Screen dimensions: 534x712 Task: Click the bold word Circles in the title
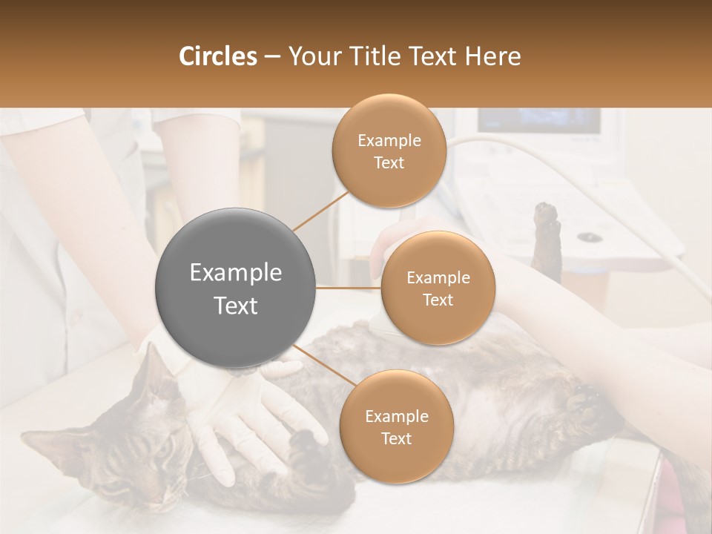click(x=217, y=56)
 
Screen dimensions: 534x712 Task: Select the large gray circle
click(x=236, y=289)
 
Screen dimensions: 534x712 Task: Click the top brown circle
click(x=389, y=151)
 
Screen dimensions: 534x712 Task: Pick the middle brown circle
click(x=438, y=288)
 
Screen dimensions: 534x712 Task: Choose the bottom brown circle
click(x=396, y=426)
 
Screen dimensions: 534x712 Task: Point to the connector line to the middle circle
click(x=349, y=288)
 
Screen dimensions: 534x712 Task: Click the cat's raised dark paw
click(x=547, y=230)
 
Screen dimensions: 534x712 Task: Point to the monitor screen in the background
click(x=538, y=120)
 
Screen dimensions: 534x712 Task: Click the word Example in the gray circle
click(x=236, y=273)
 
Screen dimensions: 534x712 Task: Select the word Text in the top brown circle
click(x=389, y=162)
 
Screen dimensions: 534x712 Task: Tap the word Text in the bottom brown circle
click(x=396, y=438)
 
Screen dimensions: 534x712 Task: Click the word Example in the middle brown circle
click(x=438, y=277)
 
